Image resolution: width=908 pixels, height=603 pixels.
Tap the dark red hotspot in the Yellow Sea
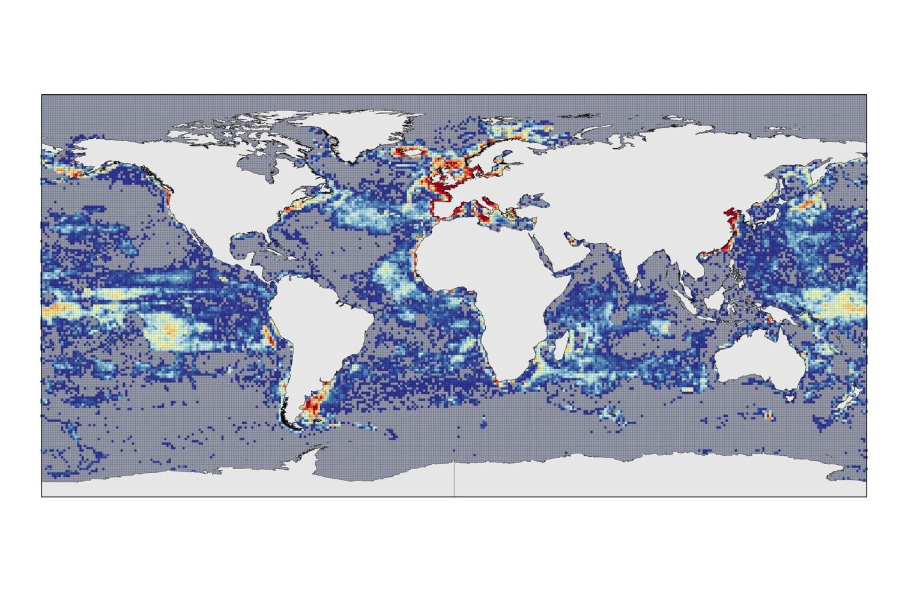[x=731, y=219]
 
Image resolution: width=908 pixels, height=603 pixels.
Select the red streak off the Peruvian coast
[x=268, y=334]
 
